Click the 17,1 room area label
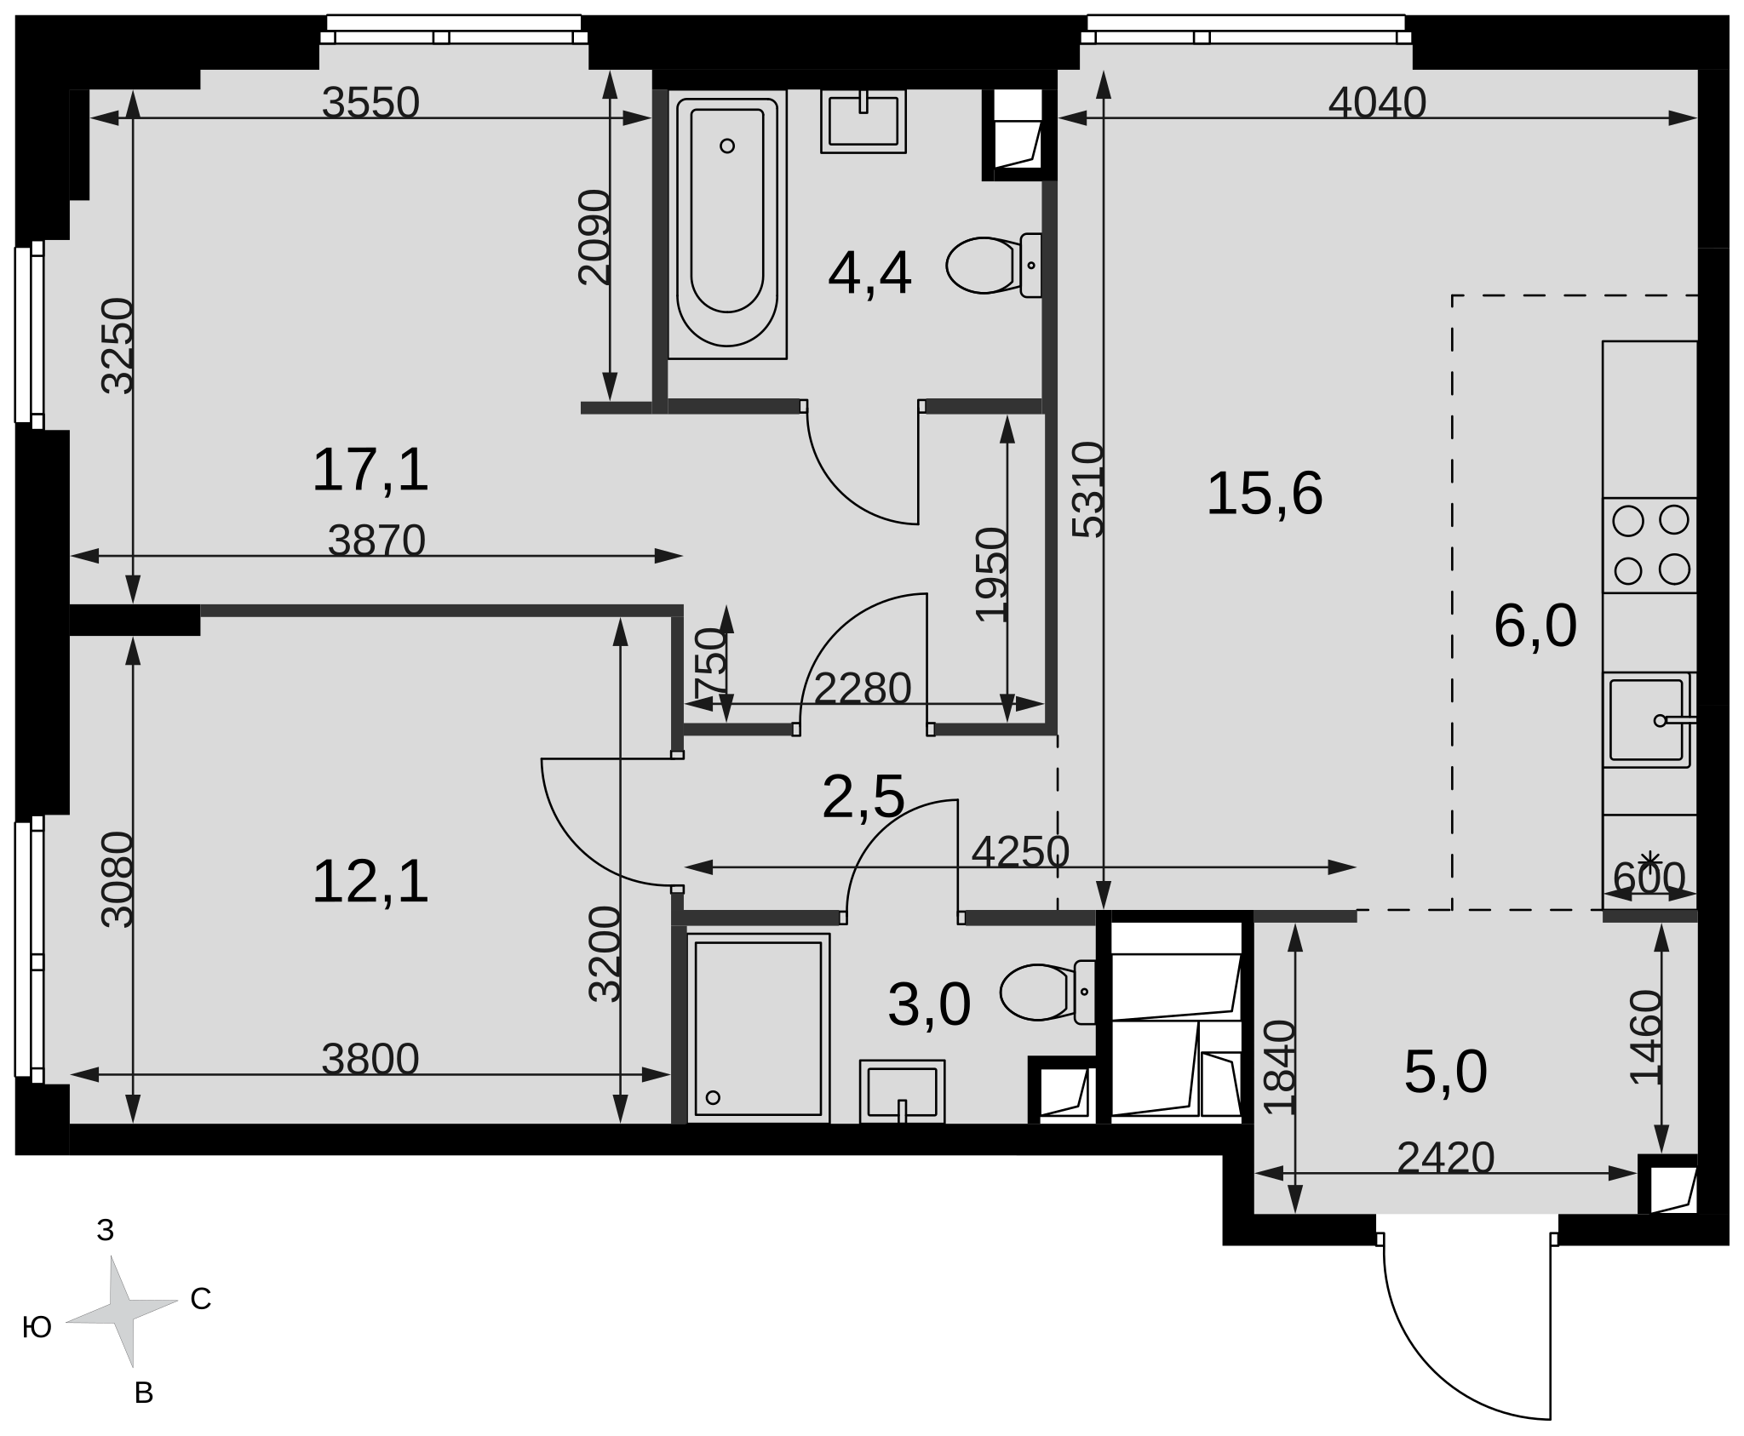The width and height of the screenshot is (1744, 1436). click(370, 471)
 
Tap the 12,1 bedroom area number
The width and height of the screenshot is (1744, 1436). click(370, 882)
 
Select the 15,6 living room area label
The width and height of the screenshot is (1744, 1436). click(1265, 494)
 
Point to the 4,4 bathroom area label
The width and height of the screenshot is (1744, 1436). click(869, 274)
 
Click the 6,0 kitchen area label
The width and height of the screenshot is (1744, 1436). click(1535, 626)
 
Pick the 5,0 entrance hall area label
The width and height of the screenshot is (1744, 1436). click(1446, 1073)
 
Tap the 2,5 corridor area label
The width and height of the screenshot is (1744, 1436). click(863, 798)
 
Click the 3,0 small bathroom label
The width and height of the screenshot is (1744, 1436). click(929, 1005)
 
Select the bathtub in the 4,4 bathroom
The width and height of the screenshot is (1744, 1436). click(727, 224)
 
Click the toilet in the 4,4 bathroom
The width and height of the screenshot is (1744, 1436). click(994, 265)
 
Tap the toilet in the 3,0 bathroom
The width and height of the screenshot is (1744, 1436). click(1047, 993)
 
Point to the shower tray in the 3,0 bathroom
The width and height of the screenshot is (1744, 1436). click(758, 1028)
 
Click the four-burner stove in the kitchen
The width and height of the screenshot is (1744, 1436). click(1650, 546)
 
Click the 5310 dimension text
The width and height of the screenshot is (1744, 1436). click(1087, 489)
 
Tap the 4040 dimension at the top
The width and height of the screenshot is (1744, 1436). click(1377, 104)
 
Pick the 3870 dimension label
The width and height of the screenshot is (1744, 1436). click(376, 541)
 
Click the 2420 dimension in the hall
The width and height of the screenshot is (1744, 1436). click(1446, 1158)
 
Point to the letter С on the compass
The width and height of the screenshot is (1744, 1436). click(200, 1299)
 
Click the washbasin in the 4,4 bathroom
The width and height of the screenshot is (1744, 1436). click(863, 122)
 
